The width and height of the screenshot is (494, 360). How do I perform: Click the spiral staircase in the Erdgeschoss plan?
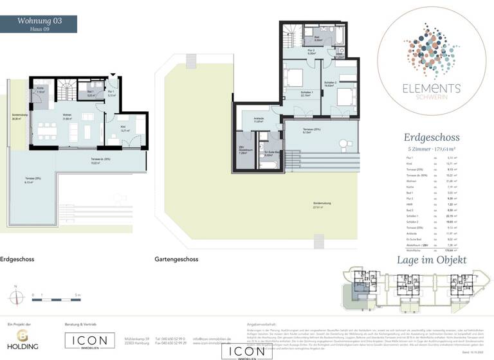click(64, 87)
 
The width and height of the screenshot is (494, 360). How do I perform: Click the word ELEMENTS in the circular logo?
click(422, 89)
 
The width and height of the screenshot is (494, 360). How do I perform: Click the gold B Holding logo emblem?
click(23, 336)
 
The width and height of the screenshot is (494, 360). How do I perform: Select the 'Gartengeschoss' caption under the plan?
click(176, 260)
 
